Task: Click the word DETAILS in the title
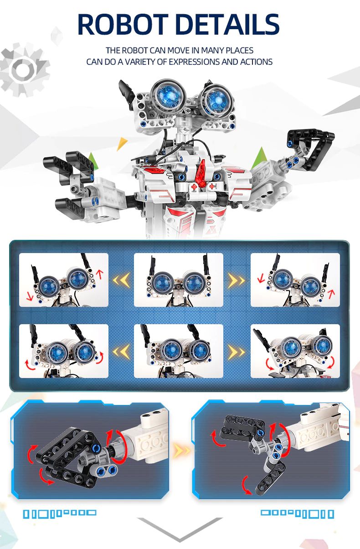(x=227, y=24)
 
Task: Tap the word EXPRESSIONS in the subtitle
(x=195, y=62)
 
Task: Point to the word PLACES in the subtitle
(x=239, y=50)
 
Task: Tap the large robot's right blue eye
(x=216, y=100)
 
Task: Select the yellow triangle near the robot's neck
(x=122, y=143)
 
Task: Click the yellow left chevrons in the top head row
(x=121, y=280)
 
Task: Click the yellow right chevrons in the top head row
(x=237, y=280)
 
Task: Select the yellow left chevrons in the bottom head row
(x=121, y=352)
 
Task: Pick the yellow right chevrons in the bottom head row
(x=237, y=352)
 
